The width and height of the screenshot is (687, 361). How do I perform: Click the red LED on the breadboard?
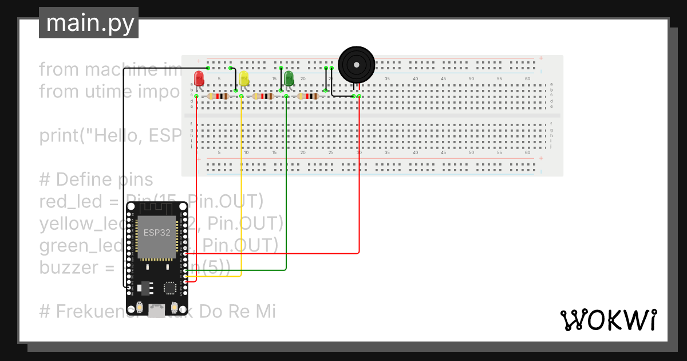(x=199, y=79)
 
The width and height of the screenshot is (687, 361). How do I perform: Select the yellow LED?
(x=244, y=79)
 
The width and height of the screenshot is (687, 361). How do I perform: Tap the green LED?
(x=289, y=78)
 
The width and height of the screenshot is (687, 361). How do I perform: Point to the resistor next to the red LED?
(x=219, y=96)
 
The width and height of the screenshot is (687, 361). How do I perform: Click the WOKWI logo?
(x=608, y=320)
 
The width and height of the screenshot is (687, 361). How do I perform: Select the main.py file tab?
(x=89, y=23)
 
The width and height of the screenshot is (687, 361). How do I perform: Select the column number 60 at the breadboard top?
(x=527, y=79)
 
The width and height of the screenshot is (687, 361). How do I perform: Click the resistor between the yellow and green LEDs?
(x=264, y=96)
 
